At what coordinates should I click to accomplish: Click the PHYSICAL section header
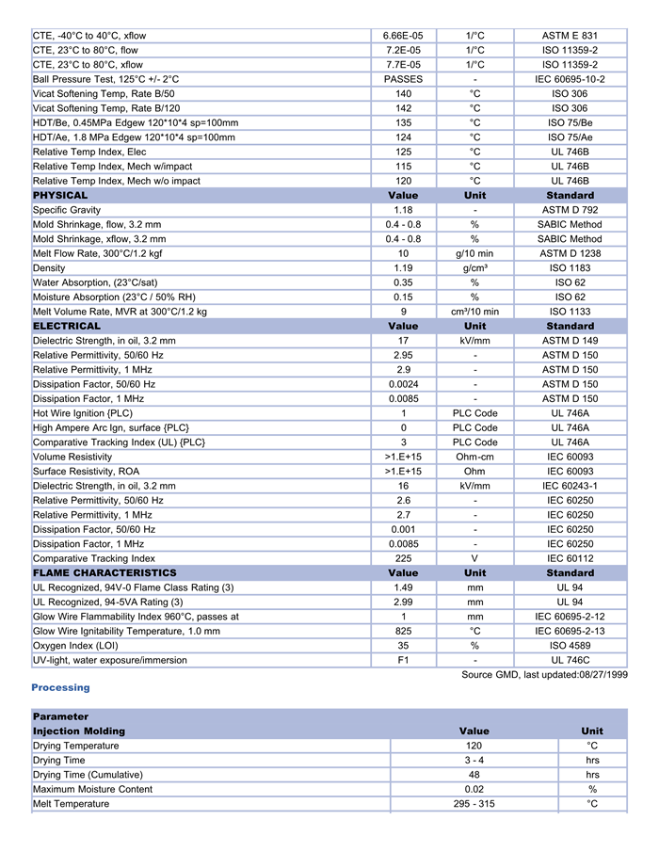pyautogui.click(x=60, y=196)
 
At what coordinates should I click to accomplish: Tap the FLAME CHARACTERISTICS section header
pyautogui.click(x=104, y=572)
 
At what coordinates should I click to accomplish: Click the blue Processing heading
pyautogui.click(x=60, y=688)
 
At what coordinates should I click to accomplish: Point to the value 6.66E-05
pyautogui.click(x=403, y=36)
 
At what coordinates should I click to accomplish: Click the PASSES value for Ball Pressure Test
pyautogui.click(x=403, y=79)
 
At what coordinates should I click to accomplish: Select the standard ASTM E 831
pyautogui.click(x=570, y=36)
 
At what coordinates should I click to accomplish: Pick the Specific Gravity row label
pyautogui.click(x=67, y=210)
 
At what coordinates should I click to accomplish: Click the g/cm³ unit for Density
pyautogui.click(x=474, y=268)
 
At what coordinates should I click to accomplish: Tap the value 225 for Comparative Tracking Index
pyautogui.click(x=403, y=558)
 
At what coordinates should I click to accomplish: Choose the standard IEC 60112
pyautogui.click(x=570, y=558)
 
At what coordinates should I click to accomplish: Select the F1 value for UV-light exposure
pyautogui.click(x=403, y=660)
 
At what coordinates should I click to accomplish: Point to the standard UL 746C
pyautogui.click(x=570, y=660)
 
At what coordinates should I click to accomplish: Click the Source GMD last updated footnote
pyautogui.click(x=544, y=675)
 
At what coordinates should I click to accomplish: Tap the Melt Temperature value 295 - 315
pyautogui.click(x=474, y=804)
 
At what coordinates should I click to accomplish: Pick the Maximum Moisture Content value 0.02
pyautogui.click(x=474, y=789)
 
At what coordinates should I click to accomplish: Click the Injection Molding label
pyautogui.click(x=79, y=731)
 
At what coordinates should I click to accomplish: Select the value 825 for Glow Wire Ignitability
pyautogui.click(x=403, y=631)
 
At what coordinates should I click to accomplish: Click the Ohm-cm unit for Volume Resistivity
pyautogui.click(x=474, y=457)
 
